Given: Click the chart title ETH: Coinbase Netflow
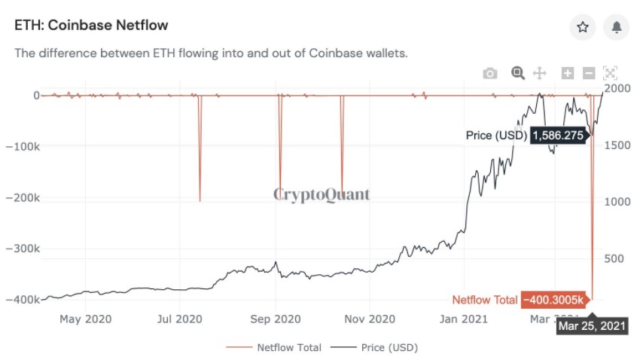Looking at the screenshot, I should point(91,26).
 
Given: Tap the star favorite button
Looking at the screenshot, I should point(582,27).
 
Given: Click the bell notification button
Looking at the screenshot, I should point(617,27).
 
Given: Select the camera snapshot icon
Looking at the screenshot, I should point(490,73).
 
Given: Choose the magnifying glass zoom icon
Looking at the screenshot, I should point(517,73).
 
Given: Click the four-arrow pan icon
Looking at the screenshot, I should point(539,73).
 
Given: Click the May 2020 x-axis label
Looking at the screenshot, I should point(85,319).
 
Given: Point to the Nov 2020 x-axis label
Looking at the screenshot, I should point(370,319).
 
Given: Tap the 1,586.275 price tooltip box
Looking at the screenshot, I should point(558,135).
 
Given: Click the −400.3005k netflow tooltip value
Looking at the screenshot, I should point(551,300).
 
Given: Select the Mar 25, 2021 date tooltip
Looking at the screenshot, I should point(592,327).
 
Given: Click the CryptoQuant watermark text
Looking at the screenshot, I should point(322,195).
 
